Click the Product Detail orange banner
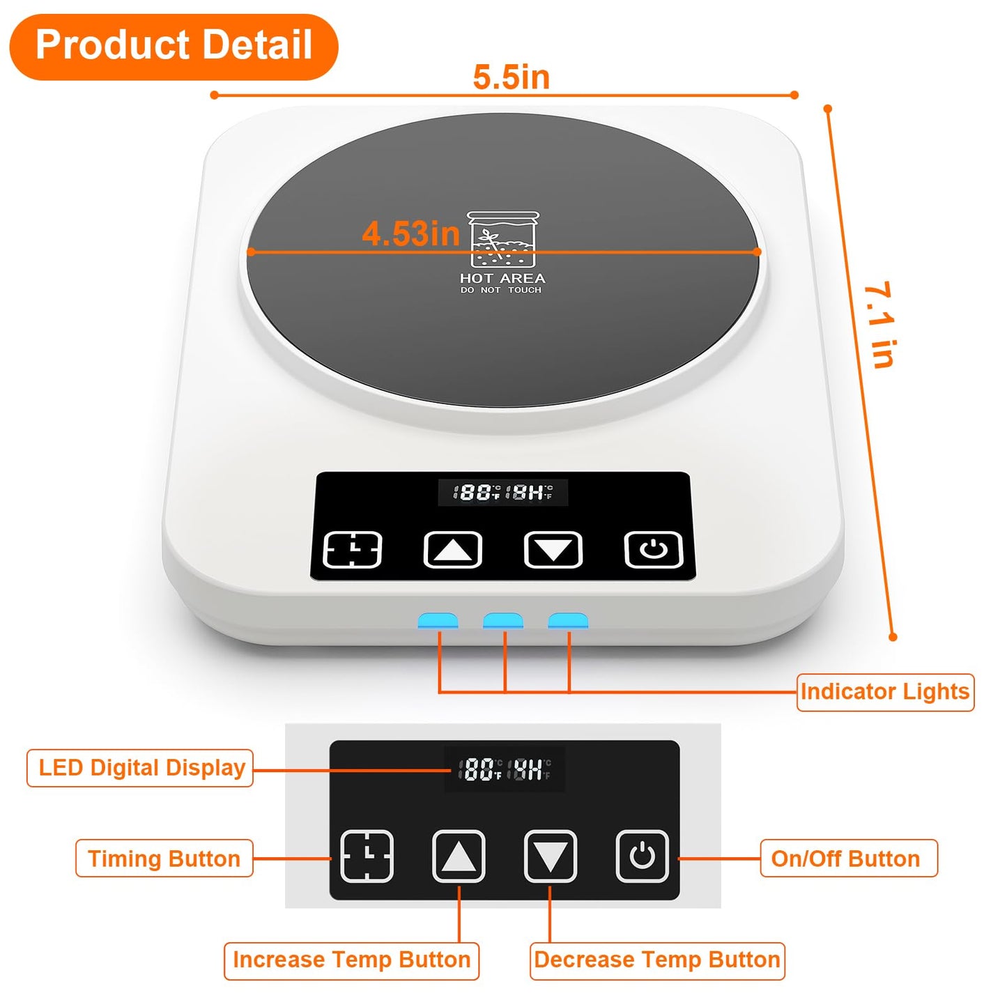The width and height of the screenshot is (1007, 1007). tap(174, 46)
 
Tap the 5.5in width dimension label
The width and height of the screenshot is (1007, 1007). tap(511, 77)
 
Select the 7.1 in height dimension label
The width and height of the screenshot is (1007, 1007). tap(879, 325)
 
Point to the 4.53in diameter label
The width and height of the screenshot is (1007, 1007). tap(410, 233)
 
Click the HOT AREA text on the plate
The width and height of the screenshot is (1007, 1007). tap(502, 278)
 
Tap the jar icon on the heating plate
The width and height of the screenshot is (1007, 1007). tap(502, 240)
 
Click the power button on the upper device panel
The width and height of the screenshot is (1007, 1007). tap(653, 550)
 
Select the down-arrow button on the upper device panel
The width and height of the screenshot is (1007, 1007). tap(553, 550)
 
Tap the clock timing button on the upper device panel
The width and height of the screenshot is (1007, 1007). tap(353, 550)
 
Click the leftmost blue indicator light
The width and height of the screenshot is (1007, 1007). tap(438, 620)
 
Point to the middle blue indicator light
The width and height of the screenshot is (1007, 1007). tap(502, 620)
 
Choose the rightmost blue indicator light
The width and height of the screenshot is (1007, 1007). tap(568, 620)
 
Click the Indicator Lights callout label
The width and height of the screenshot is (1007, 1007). tap(885, 692)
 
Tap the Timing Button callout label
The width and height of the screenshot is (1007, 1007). tap(164, 859)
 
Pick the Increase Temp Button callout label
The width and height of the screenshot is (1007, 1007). tap(351, 960)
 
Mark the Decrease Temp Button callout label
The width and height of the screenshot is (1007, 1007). tap(657, 960)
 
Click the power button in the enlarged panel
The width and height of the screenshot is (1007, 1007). tap(642, 856)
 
